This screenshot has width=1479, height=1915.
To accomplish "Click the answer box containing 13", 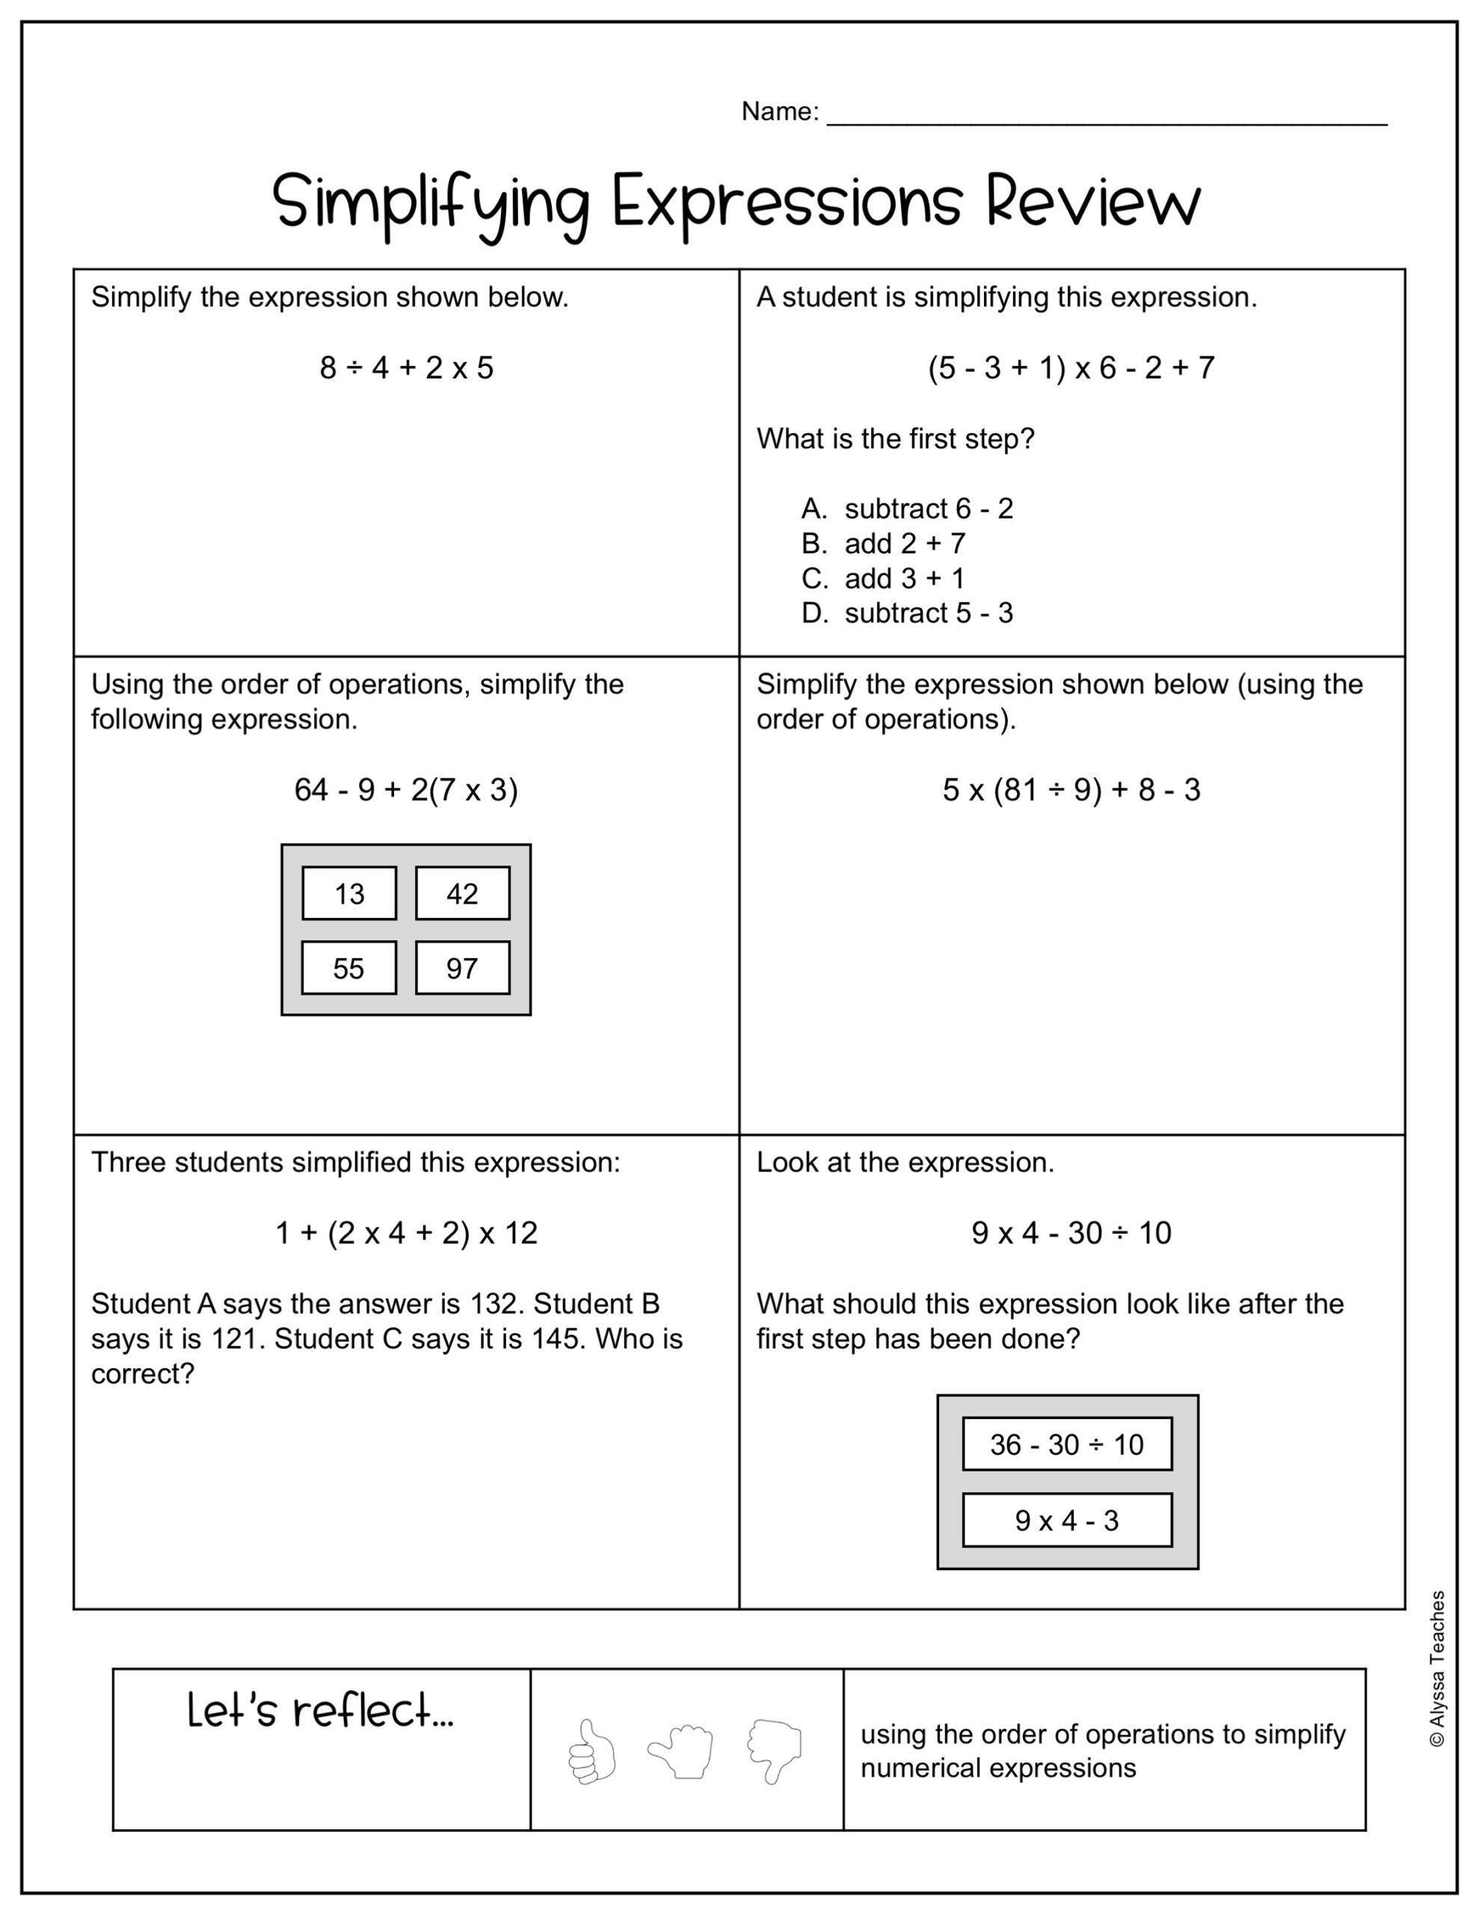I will coord(349,893).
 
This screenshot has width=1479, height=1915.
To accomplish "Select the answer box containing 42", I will coord(462,893).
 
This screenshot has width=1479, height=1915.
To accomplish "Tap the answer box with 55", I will coord(349,968).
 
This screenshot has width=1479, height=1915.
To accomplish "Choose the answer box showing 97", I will coord(462,968).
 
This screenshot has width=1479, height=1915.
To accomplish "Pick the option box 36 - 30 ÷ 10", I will coord(1067,1444).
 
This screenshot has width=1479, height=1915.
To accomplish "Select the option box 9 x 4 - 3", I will coord(1067,1521).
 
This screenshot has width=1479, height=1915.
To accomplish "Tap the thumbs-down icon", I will coord(774,1751).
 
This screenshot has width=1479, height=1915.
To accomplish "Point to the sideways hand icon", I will coord(681,1751).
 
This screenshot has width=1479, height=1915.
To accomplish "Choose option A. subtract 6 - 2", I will coord(908,509).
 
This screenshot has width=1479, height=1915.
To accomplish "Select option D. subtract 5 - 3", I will coord(908,613).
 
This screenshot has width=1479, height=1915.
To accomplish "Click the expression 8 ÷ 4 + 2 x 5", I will coord(407,367).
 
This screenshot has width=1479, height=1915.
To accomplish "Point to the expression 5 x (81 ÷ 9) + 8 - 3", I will coord(1071,790).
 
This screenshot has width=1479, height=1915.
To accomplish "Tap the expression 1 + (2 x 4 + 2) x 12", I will coord(406,1233).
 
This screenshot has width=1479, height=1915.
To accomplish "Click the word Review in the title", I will coord(1092,202).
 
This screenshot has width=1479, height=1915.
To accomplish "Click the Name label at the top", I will coord(779,111).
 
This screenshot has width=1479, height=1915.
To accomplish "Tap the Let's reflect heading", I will coord(321,1711).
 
